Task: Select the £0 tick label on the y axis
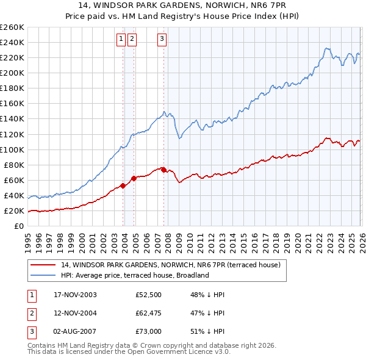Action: (x=18, y=226)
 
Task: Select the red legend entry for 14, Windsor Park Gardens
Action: (x=170, y=265)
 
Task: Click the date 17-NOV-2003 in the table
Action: (x=75, y=295)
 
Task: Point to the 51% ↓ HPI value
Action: (x=207, y=333)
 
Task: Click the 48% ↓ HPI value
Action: (x=207, y=295)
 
